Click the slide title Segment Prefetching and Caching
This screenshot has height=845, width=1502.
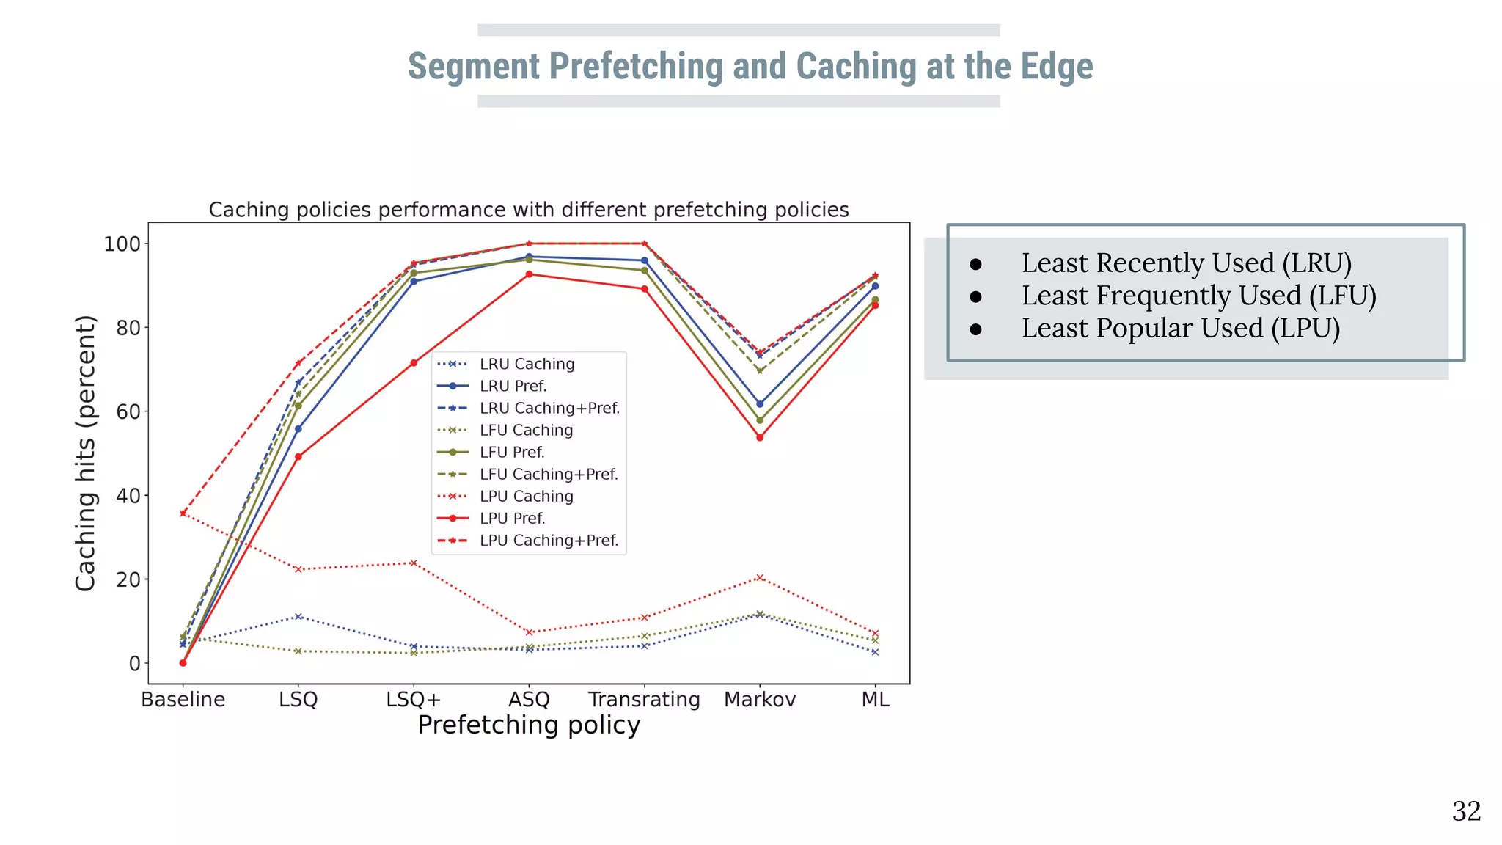750,66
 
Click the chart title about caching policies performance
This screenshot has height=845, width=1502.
528,210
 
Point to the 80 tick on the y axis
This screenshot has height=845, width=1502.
128,328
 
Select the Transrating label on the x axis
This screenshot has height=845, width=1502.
644,699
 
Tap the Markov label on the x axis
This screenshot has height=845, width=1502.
759,699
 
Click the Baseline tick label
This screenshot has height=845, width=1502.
183,699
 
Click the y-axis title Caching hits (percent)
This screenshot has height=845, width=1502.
86,453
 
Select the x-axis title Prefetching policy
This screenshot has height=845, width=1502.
528,725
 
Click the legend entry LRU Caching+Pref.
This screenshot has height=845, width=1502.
549,408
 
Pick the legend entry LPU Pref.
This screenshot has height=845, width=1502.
512,518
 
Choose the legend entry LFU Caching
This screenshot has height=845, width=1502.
526,430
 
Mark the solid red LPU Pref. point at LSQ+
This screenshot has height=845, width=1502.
414,363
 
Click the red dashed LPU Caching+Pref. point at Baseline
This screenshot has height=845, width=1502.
183,513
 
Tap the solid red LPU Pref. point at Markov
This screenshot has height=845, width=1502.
760,437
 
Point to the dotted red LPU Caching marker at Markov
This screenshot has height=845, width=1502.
760,578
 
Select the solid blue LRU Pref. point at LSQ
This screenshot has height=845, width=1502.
298,429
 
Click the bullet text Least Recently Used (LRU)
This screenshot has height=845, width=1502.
1186,263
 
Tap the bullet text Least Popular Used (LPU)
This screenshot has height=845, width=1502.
1180,328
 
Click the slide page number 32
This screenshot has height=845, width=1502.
1465,811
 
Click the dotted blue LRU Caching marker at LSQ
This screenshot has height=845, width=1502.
298,617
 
